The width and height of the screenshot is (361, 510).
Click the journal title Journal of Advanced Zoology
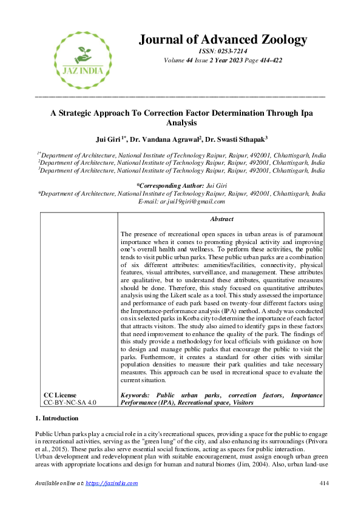click(223, 40)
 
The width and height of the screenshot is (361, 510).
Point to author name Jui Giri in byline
click(115, 139)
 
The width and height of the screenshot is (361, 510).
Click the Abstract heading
click(221, 219)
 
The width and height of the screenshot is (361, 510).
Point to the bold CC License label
click(60, 395)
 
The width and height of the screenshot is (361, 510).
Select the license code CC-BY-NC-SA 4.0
click(70, 402)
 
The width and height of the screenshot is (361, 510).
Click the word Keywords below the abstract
click(137, 395)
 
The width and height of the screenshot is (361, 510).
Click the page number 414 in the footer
click(323, 483)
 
